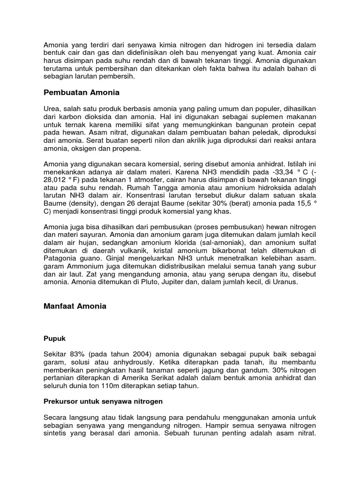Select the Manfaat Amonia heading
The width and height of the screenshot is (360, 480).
[x=75, y=306]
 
